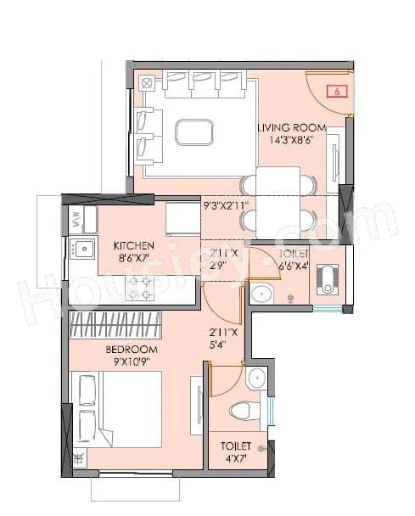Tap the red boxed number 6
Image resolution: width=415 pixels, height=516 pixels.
point(337,92)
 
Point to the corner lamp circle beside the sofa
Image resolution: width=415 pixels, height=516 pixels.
point(147,83)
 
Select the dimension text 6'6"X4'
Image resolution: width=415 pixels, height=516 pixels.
point(294,266)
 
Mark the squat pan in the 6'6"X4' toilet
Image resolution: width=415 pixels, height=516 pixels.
point(328,278)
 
